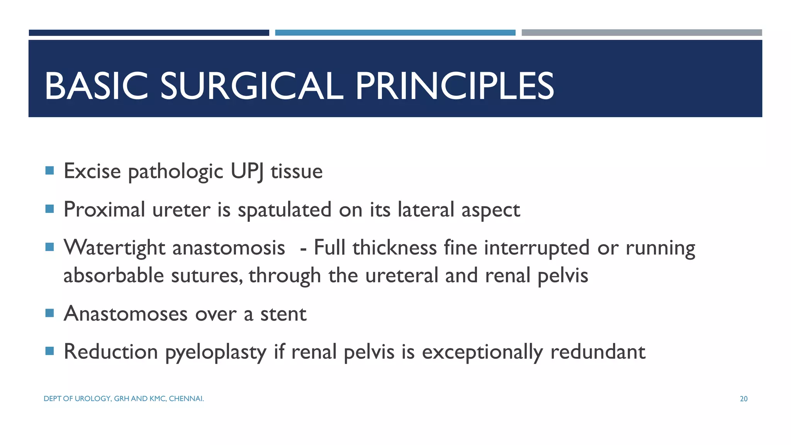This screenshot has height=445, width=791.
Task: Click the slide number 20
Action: (743, 399)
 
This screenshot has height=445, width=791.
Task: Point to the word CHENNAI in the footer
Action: (186, 399)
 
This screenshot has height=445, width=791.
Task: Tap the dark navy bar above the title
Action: (149, 33)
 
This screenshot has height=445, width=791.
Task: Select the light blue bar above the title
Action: (395, 33)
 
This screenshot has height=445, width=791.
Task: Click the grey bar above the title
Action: (642, 33)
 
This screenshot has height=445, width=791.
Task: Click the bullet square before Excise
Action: (49, 170)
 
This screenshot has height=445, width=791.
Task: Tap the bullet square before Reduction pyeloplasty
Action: (49, 351)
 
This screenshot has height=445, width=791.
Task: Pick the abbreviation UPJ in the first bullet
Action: (247, 171)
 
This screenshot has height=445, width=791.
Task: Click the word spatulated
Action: (284, 210)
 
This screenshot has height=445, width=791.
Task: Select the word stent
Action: (283, 314)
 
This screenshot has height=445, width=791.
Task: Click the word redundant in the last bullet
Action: (597, 352)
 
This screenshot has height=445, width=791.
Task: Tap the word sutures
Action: (207, 276)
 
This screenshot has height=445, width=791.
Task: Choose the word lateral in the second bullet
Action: (426, 210)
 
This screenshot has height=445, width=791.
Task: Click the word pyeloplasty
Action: (216, 352)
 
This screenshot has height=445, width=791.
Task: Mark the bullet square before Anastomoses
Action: (49, 313)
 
